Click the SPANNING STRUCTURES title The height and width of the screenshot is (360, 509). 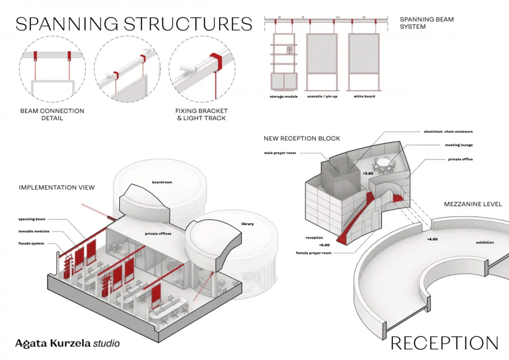click(x=133, y=24)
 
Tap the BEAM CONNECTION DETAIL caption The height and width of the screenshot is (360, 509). click(x=52, y=115)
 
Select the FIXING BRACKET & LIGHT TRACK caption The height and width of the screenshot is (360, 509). click(x=202, y=115)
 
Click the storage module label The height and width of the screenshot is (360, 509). click(x=282, y=97)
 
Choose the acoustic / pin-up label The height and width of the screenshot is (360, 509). click(x=322, y=97)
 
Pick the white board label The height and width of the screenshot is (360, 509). click(x=364, y=97)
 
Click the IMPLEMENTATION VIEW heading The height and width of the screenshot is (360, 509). click(x=57, y=188)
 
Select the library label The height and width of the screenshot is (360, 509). click(x=247, y=224)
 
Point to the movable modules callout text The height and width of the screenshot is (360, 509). click(x=34, y=231)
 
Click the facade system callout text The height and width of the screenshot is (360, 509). click(x=32, y=243)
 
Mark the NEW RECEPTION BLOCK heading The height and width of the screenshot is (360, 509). click(x=302, y=139)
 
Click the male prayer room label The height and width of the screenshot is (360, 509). click(x=281, y=153)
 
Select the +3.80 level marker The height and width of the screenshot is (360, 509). click(x=368, y=173)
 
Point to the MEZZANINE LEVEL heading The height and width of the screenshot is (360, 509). click(x=473, y=205)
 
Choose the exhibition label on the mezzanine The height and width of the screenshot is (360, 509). click(x=485, y=243)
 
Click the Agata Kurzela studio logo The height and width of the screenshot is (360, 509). click(x=67, y=343)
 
